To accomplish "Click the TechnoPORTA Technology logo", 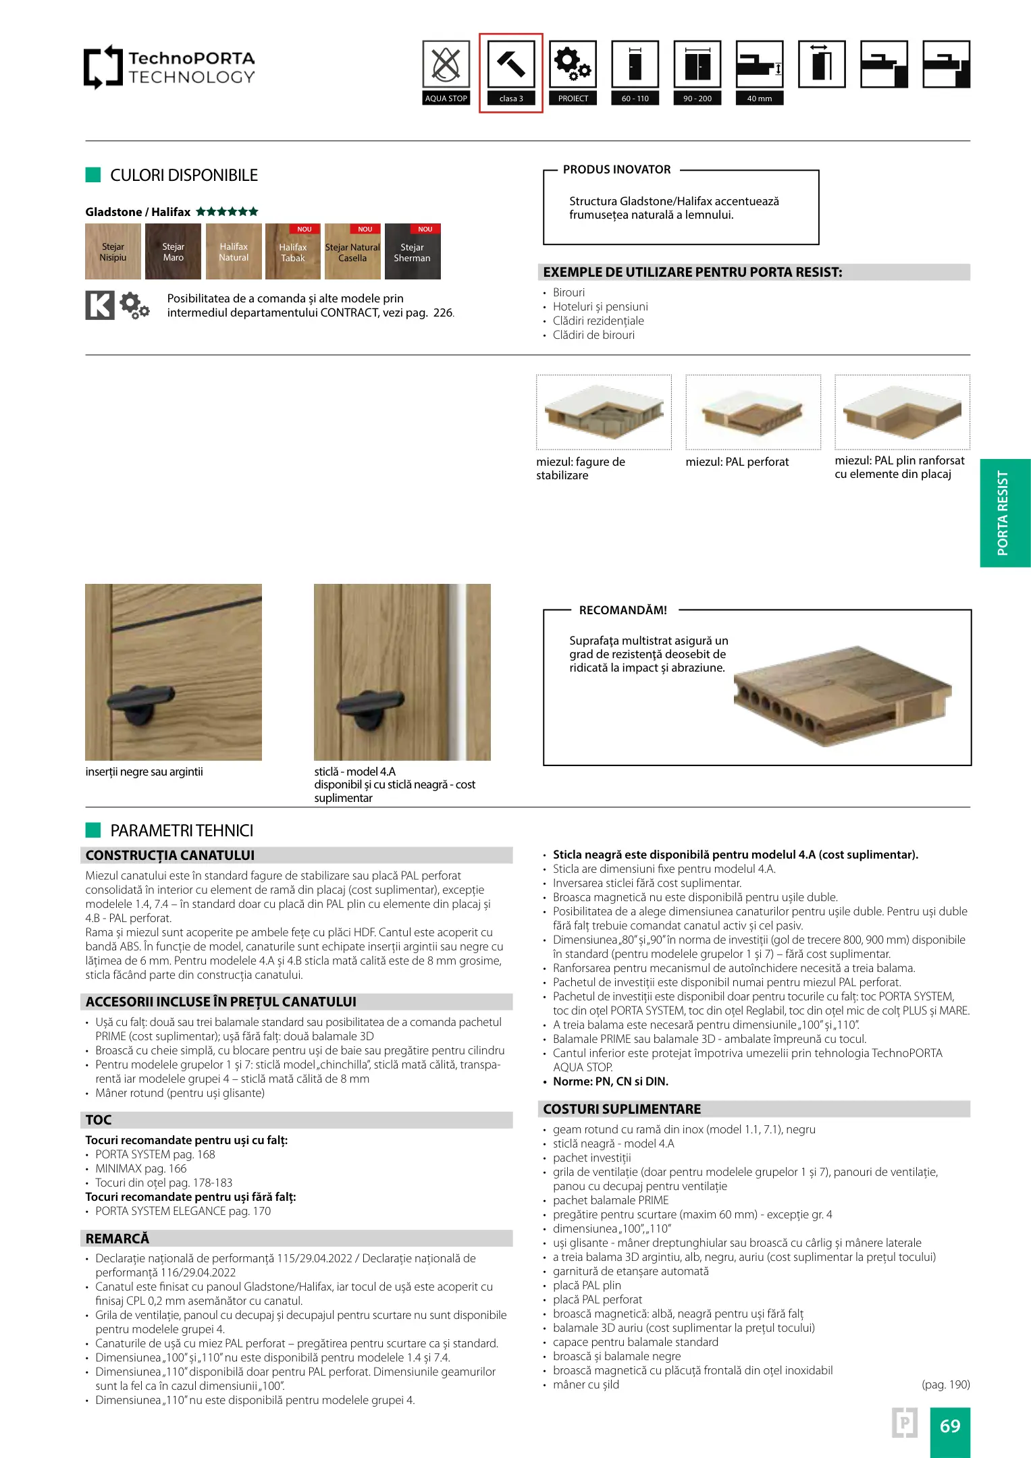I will (169, 67).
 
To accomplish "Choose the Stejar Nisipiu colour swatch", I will (113, 252).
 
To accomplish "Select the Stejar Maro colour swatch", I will (173, 252).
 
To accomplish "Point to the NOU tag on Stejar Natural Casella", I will (365, 230).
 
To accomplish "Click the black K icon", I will (100, 305).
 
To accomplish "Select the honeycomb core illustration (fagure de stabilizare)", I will (604, 412).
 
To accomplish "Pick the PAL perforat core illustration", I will (753, 412).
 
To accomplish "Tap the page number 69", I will (950, 1426).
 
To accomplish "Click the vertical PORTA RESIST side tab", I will (1005, 513).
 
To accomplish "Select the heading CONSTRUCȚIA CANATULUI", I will (170, 855).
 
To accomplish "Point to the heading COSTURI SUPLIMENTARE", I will (622, 1109).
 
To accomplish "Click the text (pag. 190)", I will (945, 1384).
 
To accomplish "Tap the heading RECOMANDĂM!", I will (623, 610).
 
